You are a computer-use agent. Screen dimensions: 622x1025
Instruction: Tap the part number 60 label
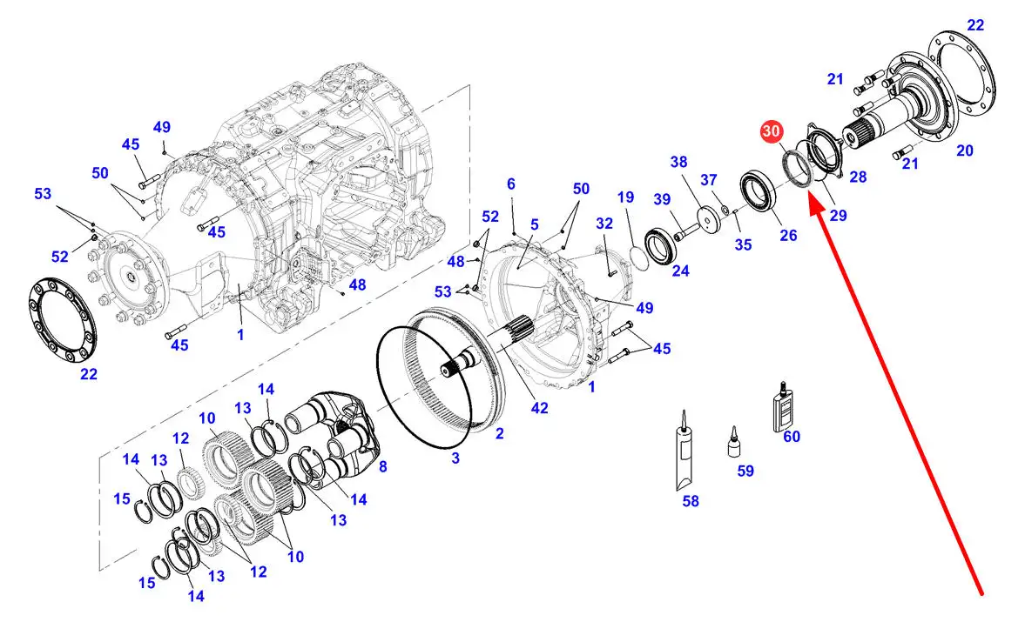[792, 437]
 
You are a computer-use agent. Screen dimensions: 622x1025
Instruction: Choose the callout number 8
[382, 466]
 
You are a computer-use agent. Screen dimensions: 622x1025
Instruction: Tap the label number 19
[626, 197]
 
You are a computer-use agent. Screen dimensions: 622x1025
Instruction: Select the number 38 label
[679, 162]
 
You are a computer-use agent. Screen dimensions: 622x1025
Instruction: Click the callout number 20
[964, 150]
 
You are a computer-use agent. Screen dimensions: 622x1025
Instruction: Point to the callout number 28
[858, 177]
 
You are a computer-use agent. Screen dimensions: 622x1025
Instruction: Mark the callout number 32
[605, 224]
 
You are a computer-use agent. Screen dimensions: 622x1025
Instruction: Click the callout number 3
[455, 458]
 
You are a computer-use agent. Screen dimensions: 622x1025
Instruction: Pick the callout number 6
[511, 184]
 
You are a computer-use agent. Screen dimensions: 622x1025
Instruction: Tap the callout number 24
[680, 271]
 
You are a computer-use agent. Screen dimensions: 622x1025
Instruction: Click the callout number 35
[743, 244]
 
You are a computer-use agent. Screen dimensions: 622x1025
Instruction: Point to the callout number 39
[663, 199]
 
